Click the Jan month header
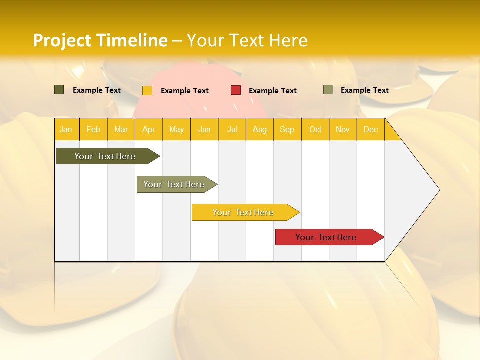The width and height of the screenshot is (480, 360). [x=66, y=129]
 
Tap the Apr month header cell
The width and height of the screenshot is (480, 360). [x=149, y=129]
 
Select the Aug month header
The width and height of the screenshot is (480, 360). [x=260, y=129]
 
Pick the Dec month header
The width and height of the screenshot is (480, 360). [x=370, y=129]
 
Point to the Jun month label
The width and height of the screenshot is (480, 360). [x=204, y=129]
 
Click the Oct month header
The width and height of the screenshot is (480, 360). [x=315, y=129]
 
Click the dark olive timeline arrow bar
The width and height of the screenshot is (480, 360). [x=105, y=156]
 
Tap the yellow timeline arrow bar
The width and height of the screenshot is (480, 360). [x=243, y=212]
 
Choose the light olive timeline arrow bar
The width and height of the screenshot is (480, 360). [x=174, y=184]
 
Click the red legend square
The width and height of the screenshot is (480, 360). [x=236, y=90]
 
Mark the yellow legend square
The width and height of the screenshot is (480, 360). [x=147, y=90]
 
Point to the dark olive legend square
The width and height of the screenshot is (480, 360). [x=59, y=90]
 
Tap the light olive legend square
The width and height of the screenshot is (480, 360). [x=328, y=90]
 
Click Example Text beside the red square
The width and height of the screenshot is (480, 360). [x=272, y=90]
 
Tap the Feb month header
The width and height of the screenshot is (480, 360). [x=93, y=129]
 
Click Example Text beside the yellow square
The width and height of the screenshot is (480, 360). [x=184, y=90]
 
